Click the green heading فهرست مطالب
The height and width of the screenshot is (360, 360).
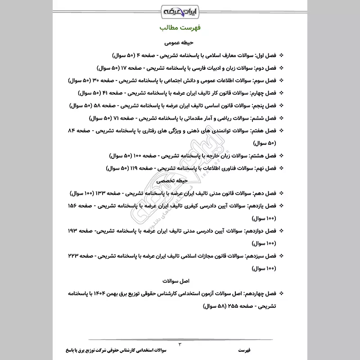tap(180, 28)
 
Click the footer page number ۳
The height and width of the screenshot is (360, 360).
tap(180, 344)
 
